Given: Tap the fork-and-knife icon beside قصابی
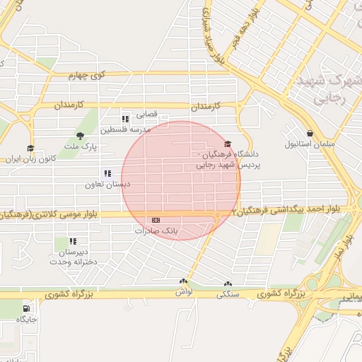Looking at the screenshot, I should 125,118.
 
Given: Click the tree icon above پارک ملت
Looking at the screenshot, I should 80,136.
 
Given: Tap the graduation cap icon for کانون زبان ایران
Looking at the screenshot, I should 30,148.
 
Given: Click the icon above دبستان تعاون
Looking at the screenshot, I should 107,173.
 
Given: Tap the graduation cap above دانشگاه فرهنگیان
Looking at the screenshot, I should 227,144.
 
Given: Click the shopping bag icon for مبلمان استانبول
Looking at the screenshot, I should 310,133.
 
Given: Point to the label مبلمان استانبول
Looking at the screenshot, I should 305,145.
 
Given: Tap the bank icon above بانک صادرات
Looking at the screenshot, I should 156,220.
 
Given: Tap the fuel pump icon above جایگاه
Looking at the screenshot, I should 27,308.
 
